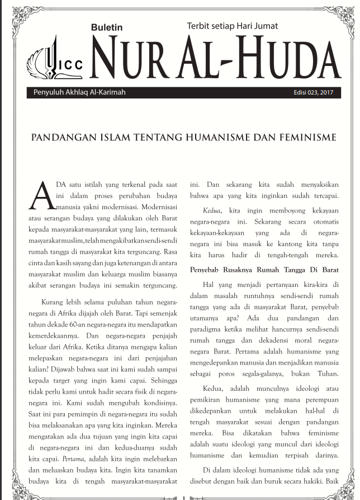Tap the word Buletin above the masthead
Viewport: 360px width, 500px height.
pyautogui.click(x=106, y=27)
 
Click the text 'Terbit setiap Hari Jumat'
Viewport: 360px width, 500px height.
pyautogui.click(x=231, y=25)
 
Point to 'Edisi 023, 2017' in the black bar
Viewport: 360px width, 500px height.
pyautogui.click(x=313, y=93)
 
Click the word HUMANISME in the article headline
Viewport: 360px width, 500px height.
pyautogui.click(x=229, y=137)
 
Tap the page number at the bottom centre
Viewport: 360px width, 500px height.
pyautogui.click(x=181, y=496)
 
